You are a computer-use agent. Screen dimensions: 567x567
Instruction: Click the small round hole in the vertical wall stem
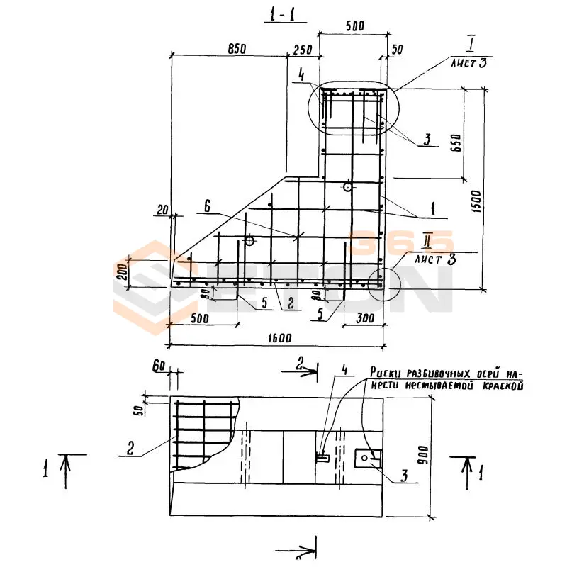347,186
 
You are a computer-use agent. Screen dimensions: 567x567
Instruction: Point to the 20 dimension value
163,209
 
